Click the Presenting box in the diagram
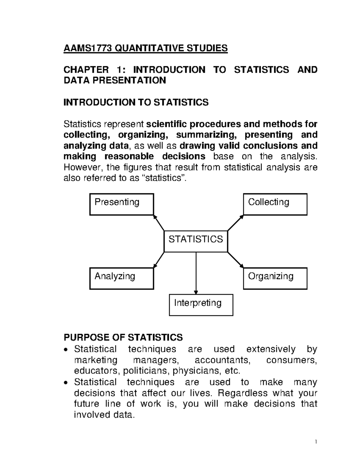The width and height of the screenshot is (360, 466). point(121,204)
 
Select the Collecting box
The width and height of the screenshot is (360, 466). point(275,204)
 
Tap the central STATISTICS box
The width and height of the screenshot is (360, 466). point(196,241)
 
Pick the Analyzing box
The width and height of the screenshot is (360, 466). point(121,278)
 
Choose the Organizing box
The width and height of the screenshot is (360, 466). point(275,278)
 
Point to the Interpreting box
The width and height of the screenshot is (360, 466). point(201,305)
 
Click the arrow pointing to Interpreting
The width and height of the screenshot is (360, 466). point(196,273)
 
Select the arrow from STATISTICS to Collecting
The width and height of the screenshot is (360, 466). point(235,223)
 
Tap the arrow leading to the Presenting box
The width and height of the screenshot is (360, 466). point(159,223)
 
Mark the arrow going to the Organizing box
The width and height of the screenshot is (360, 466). point(235,260)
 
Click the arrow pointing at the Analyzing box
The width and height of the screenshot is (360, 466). point(159,260)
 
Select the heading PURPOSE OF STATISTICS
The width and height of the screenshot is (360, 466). point(123,337)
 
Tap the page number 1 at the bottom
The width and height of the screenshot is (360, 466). point(316,442)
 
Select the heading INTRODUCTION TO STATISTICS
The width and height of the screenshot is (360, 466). point(136,102)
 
